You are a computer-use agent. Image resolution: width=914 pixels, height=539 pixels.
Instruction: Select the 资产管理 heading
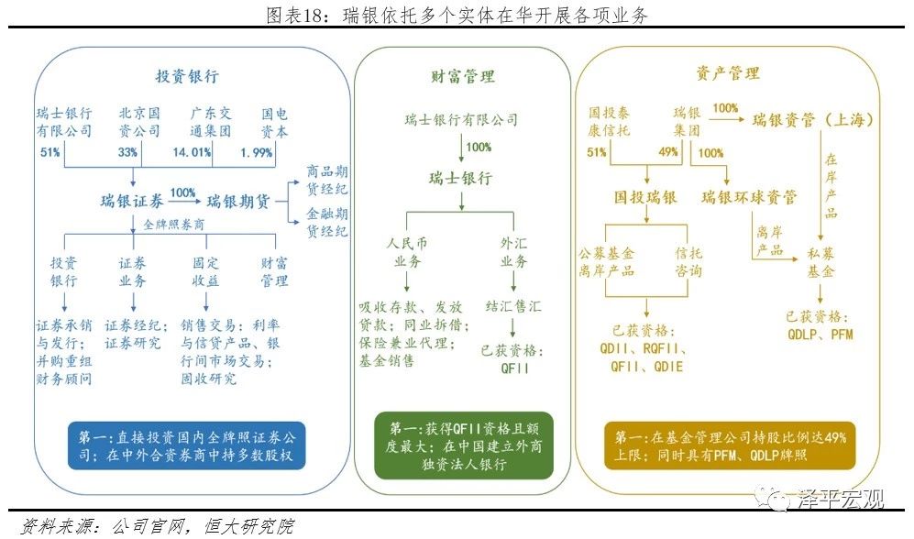point(727,72)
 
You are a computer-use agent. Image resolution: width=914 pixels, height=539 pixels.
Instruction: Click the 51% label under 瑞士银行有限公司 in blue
point(50,152)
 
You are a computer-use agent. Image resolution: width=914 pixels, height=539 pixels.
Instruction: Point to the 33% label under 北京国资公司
point(127,152)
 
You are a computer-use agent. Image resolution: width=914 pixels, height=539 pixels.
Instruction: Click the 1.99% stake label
point(256,152)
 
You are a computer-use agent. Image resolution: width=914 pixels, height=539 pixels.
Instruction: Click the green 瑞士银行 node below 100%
point(462,178)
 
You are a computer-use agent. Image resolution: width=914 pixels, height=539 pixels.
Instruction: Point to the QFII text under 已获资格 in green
point(512,368)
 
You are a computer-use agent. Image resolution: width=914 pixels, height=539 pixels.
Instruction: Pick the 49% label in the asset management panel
point(667,152)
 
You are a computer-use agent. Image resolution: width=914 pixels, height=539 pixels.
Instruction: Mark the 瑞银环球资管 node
point(749,196)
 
